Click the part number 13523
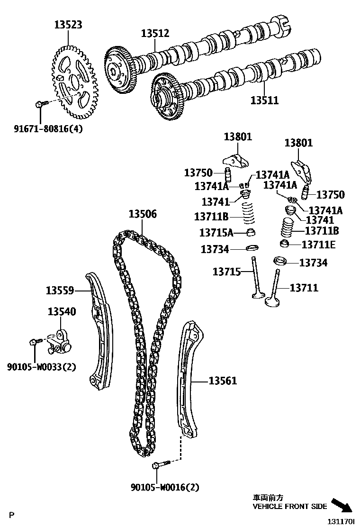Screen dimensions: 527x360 (68, 25)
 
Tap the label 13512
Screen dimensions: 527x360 (155, 33)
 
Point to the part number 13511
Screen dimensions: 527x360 (264, 100)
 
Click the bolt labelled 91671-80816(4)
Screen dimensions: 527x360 (41, 103)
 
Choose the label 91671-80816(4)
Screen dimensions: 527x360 (44, 128)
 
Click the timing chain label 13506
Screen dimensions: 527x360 (142, 214)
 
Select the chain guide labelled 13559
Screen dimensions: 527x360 (100, 332)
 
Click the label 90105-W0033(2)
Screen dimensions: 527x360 (41, 366)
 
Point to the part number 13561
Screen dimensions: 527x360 (223, 381)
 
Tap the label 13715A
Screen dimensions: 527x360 (216, 233)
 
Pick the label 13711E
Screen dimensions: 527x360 (318, 244)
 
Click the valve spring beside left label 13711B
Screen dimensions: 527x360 (247, 214)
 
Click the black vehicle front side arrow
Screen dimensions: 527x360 (342, 506)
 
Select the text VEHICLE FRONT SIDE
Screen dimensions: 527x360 (289, 507)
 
